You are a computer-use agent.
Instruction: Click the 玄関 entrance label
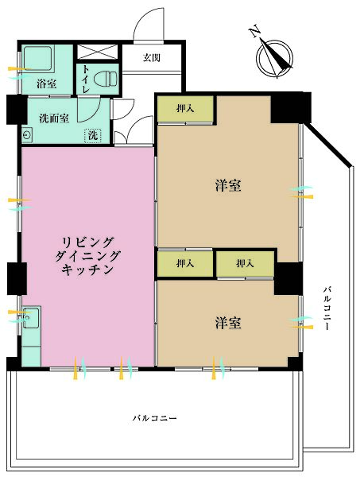151,57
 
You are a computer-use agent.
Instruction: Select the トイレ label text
85,79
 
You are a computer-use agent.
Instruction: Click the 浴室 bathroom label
45,83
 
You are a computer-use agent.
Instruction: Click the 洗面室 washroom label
54,118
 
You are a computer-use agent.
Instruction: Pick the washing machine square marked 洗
94,135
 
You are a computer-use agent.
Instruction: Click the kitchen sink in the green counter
32,320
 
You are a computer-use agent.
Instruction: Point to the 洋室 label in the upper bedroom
228,186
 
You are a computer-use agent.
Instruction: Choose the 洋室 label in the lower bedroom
228,323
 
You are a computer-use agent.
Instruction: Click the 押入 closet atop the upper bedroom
184,109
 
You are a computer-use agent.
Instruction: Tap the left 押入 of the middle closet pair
184,263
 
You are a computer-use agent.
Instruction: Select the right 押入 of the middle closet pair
244,263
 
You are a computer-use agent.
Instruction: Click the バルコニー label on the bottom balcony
156,418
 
